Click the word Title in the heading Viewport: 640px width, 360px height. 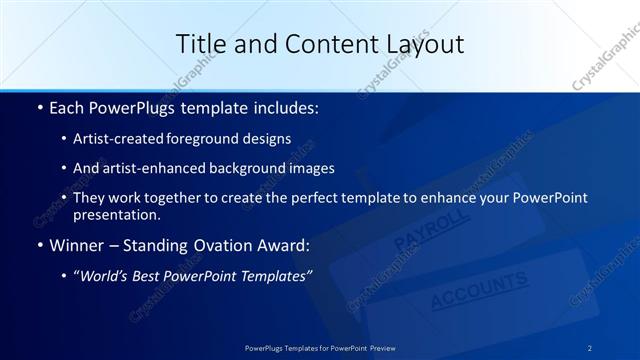200,44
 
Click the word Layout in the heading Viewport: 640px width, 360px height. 423,44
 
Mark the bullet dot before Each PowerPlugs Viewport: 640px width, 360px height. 39,107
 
